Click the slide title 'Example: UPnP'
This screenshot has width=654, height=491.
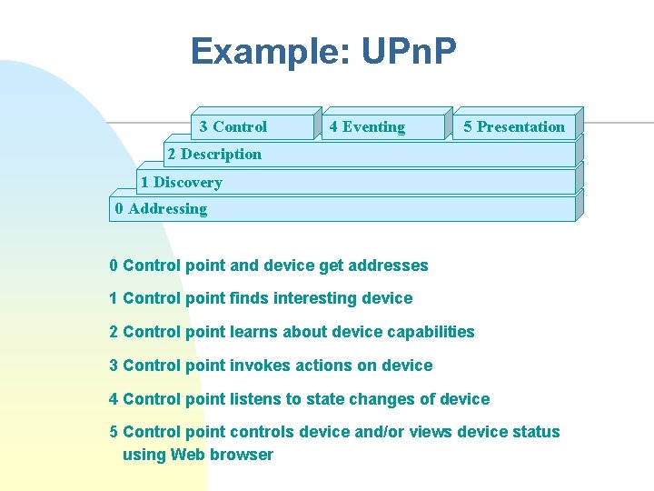click(x=322, y=52)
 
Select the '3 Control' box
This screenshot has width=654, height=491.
click(x=233, y=127)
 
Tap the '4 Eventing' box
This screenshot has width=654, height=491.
click(x=367, y=127)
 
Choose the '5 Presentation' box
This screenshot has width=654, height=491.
click(x=513, y=127)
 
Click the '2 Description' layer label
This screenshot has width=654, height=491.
click(x=214, y=155)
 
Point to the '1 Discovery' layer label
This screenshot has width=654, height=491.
click(x=182, y=182)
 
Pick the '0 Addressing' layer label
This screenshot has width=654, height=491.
click(x=161, y=209)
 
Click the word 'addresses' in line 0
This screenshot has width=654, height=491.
click(x=386, y=266)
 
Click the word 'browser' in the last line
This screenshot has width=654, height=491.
click(x=243, y=455)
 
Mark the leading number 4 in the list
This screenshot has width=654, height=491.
click(x=114, y=399)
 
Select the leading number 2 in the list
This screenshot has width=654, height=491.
click(x=114, y=332)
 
